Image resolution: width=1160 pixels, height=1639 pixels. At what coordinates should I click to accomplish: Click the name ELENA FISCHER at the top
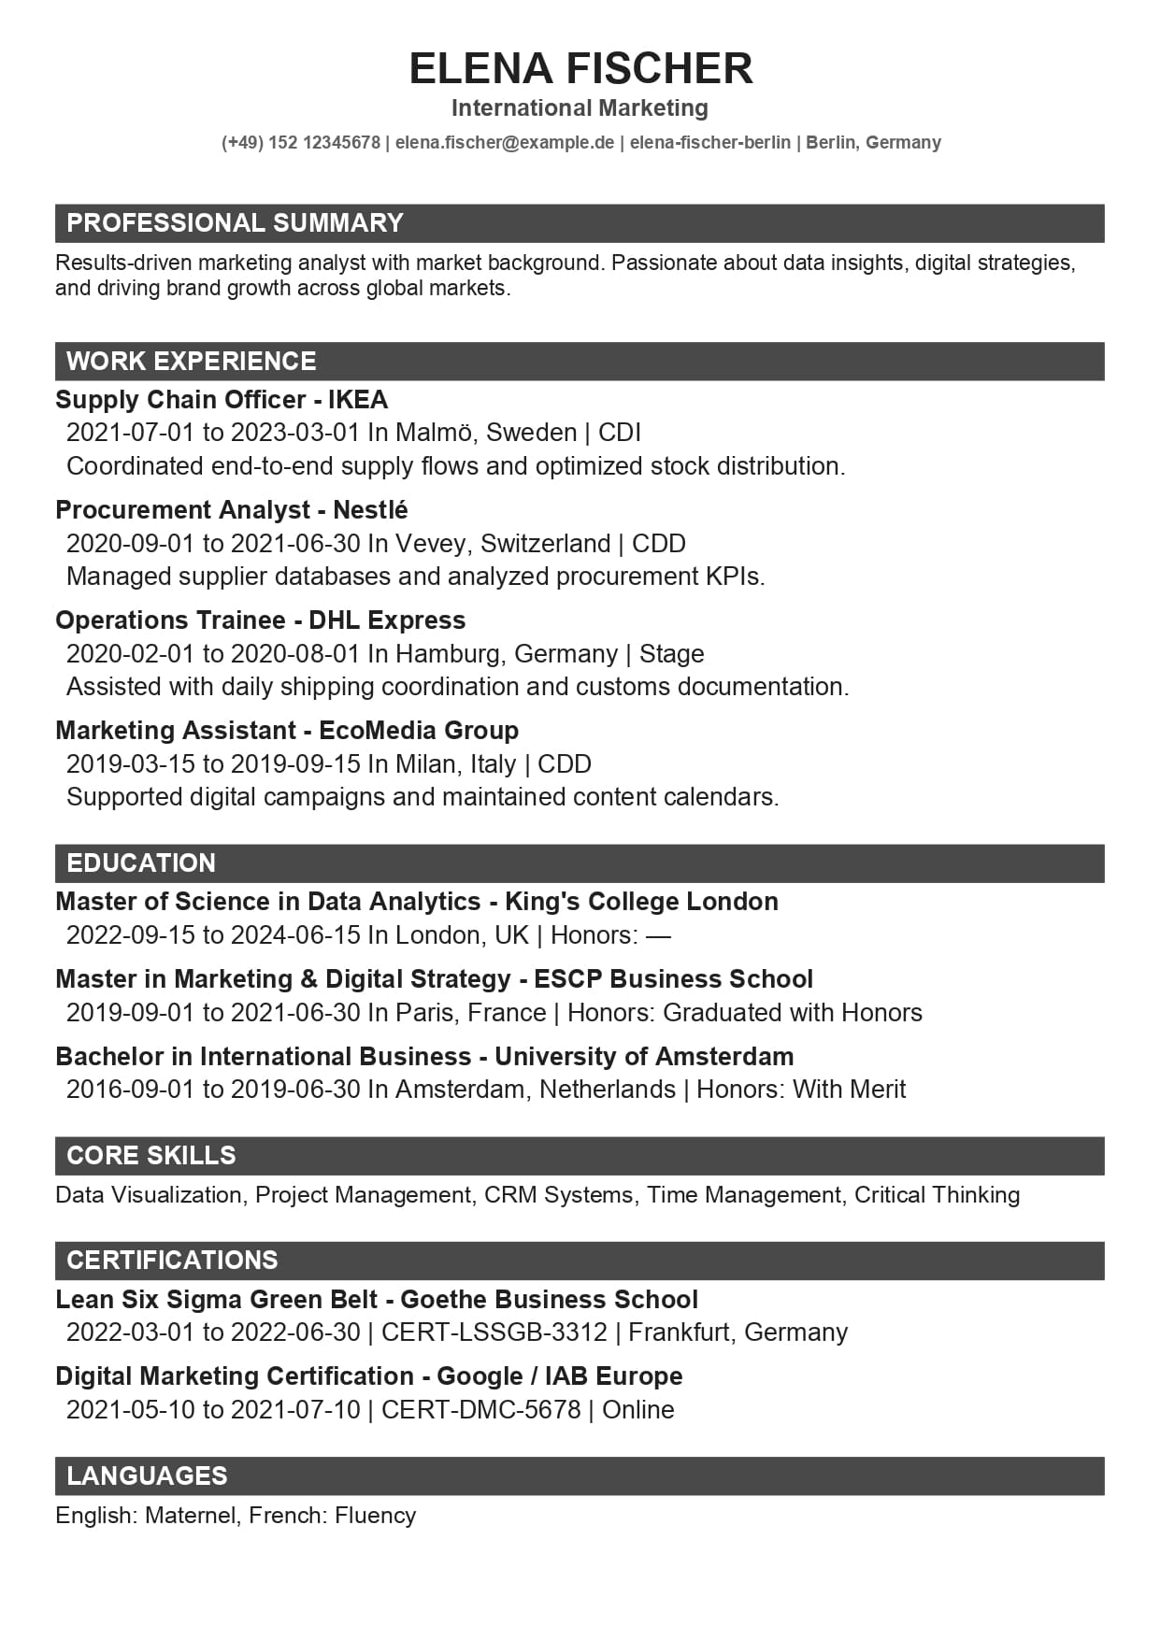coord(580,69)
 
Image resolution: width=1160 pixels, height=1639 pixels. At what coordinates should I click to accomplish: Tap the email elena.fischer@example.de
coord(505,143)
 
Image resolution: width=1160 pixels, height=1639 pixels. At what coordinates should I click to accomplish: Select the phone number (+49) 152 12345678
coord(301,143)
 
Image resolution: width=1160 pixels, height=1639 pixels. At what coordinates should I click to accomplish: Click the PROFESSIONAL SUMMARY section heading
coord(235,223)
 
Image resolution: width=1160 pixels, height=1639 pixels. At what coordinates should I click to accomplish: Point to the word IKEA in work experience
coord(358,400)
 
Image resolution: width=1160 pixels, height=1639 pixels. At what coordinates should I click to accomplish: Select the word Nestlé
coord(370,510)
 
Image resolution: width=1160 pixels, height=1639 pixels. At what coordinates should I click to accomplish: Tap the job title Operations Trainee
coord(170,620)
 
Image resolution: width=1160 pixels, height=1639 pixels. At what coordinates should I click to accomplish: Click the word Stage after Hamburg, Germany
coord(672,654)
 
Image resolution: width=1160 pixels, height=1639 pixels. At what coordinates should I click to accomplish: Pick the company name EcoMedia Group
coord(419,731)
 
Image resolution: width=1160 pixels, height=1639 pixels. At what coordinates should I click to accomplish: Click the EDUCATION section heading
coord(141,863)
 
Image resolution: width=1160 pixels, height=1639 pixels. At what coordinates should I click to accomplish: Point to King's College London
coord(641,902)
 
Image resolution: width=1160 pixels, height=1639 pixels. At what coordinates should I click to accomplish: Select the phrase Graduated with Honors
coord(793,1013)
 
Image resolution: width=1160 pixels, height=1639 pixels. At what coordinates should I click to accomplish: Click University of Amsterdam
coord(644,1057)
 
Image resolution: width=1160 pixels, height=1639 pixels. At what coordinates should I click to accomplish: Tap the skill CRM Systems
coord(559,1195)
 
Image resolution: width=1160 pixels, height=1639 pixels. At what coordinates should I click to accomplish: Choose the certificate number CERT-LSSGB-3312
coord(494,1333)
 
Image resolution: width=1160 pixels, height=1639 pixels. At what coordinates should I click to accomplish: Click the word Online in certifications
coord(638,1410)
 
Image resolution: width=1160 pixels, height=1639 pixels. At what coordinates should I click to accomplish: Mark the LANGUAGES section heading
coord(147,1476)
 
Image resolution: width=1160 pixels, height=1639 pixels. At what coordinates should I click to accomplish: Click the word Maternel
coord(192,1516)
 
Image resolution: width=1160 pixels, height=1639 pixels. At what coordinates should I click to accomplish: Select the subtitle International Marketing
coord(580,108)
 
